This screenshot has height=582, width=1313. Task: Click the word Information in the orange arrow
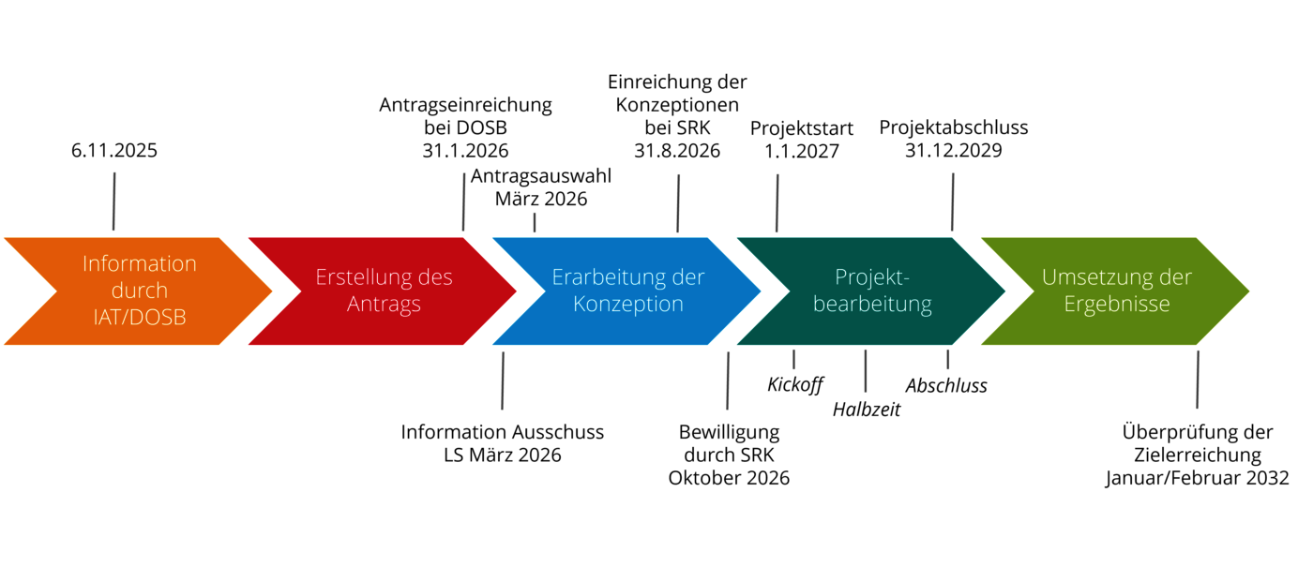pyautogui.click(x=140, y=264)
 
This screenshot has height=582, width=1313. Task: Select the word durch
pyautogui.click(x=140, y=291)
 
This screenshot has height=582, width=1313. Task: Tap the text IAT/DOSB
pyautogui.click(x=140, y=318)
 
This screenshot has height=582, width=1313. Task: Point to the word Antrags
pyautogui.click(x=384, y=305)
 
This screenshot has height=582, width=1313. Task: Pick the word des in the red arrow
pyautogui.click(x=434, y=277)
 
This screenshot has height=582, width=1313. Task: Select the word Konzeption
pyautogui.click(x=628, y=305)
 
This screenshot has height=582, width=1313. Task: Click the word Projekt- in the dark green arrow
pyautogui.click(x=873, y=277)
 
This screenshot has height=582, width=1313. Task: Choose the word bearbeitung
pyautogui.click(x=872, y=305)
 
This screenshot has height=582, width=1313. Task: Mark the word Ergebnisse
pyautogui.click(x=1117, y=305)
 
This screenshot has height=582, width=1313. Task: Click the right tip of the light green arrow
pyautogui.click(x=1250, y=291)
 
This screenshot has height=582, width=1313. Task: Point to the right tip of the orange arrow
pyautogui.click(x=273, y=291)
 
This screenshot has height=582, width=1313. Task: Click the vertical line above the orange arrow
pyautogui.click(x=113, y=201)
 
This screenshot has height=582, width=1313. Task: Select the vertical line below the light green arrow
pyautogui.click(x=1198, y=380)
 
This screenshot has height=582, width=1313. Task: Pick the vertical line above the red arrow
pyautogui.click(x=463, y=201)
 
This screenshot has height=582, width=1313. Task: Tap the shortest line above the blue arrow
pyautogui.click(x=535, y=222)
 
